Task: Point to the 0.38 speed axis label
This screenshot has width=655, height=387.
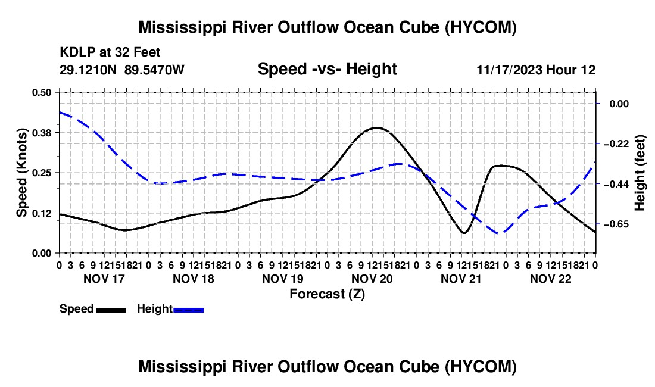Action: (x=41, y=133)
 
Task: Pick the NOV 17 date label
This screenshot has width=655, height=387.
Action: (x=104, y=279)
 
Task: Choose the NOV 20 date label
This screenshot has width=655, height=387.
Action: (x=372, y=279)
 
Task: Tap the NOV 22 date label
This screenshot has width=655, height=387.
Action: (x=551, y=279)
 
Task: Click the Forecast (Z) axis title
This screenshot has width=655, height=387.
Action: (x=327, y=294)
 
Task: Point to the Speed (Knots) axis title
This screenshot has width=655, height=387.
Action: (x=21, y=173)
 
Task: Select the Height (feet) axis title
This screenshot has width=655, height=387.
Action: (x=640, y=173)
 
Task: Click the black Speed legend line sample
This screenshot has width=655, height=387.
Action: (x=111, y=310)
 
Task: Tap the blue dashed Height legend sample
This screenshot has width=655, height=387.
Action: (x=188, y=310)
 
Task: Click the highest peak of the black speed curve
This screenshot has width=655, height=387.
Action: (x=377, y=128)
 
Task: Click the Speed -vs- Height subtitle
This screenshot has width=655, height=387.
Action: (x=327, y=69)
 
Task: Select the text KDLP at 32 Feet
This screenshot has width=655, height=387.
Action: (x=110, y=52)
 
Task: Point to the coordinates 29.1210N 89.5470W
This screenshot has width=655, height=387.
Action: (x=121, y=70)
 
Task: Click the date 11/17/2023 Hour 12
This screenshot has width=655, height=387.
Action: (x=536, y=70)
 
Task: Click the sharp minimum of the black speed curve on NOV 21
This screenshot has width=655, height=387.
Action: (x=464, y=233)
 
